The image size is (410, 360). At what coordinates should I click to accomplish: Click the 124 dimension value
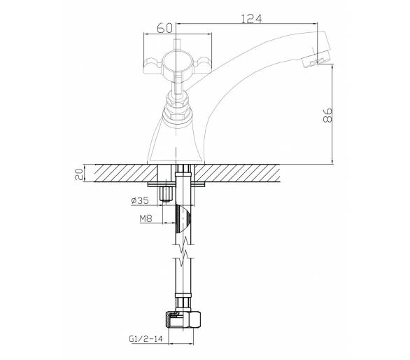tap(250, 19)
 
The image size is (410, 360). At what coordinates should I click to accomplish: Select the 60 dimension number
tap(164, 28)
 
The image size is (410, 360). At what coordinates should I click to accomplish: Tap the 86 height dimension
tap(327, 115)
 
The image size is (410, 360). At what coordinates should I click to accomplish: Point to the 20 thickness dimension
tap(78, 174)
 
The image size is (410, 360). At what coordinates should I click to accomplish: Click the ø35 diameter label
tap(140, 201)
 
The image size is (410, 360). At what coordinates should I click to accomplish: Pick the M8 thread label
tap(146, 219)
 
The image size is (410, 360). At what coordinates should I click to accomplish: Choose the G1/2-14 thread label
tap(146, 339)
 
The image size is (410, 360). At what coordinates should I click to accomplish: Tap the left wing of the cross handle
tap(153, 65)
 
